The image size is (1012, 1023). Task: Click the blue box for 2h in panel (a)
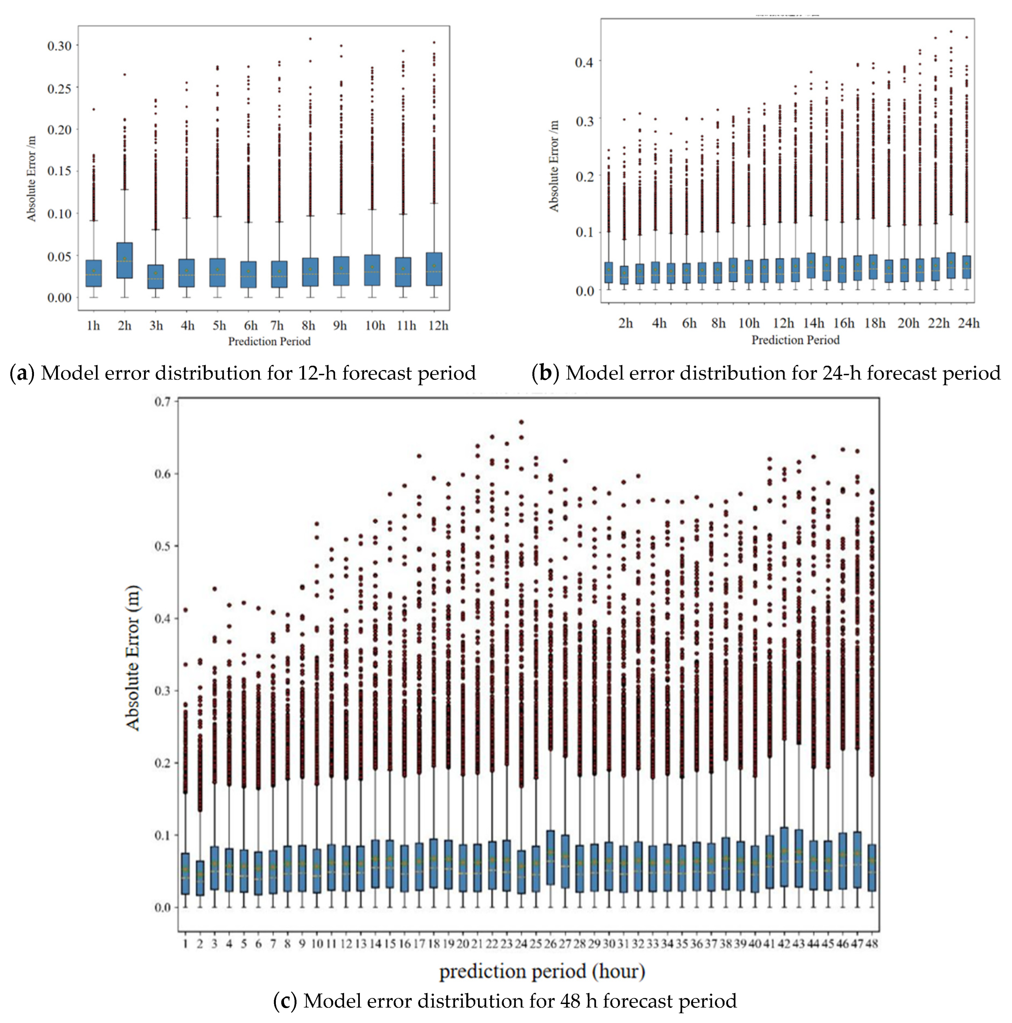[x=125, y=260]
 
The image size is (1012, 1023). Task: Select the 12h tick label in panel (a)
[x=438, y=325]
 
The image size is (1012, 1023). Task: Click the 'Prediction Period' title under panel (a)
[x=269, y=341]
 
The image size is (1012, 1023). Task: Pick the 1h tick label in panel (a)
[x=93, y=325]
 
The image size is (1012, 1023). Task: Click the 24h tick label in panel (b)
[x=969, y=323]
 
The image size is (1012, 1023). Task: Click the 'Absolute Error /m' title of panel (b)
[x=554, y=166]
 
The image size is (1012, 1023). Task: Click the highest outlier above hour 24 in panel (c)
[x=521, y=422]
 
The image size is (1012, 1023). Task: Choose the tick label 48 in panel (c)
[x=872, y=943]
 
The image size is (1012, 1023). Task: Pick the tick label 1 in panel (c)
[x=185, y=943]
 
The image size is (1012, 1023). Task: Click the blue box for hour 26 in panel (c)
[x=551, y=858]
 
